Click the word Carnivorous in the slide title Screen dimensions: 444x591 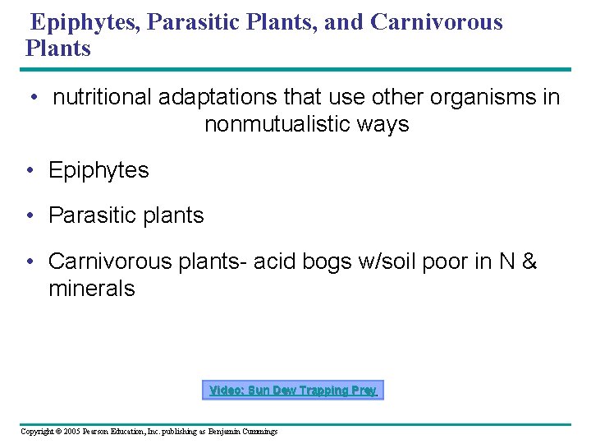tap(437, 21)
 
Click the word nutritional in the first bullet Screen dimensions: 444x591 tap(103, 97)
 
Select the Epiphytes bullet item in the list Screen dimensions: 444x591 tap(98, 170)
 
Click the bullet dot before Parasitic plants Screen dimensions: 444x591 tap(29, 215)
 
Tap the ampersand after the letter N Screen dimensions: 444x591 tap(529, 261)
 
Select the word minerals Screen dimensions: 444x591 tap(92, 289)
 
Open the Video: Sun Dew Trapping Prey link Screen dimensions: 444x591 tap(292, 391)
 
